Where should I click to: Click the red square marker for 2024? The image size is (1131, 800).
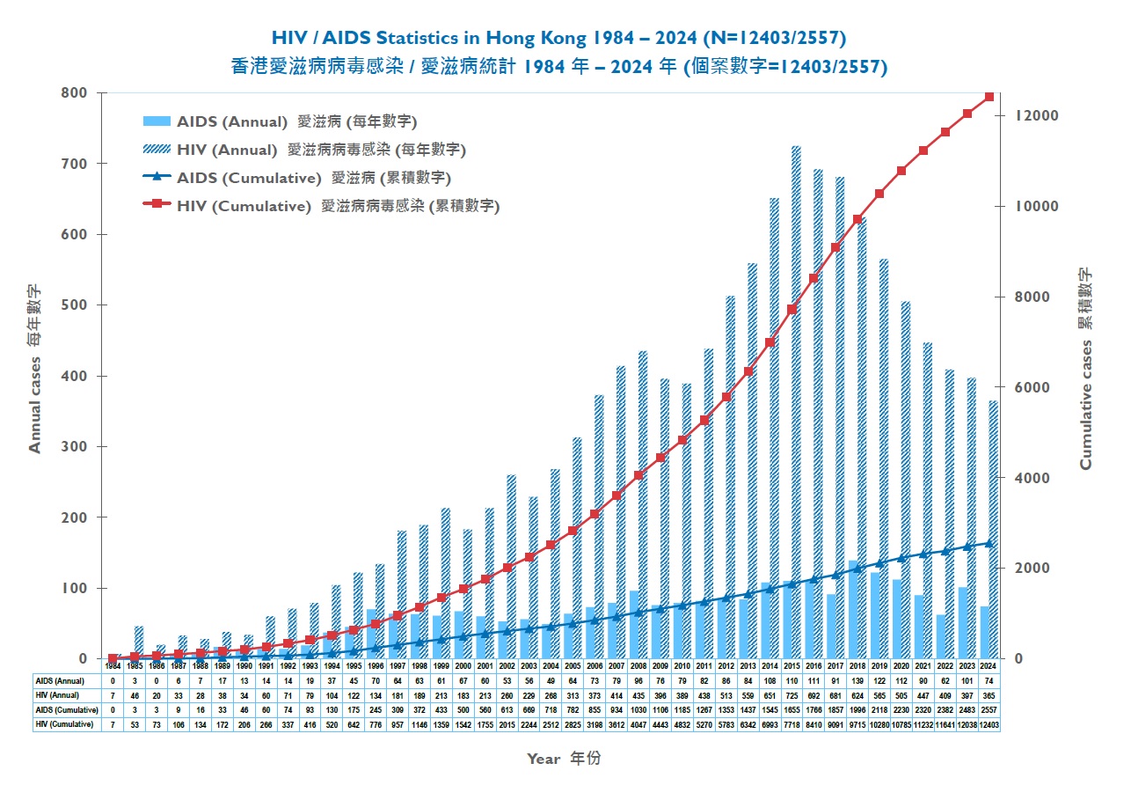(989, 96)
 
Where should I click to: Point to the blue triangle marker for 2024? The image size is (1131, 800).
(989, 543)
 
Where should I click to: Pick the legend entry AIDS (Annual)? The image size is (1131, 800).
(232, 121)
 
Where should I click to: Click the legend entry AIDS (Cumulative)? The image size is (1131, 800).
(249, 178)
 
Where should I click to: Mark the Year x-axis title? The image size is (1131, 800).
(564, 758)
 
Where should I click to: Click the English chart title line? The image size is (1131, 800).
(558, 38)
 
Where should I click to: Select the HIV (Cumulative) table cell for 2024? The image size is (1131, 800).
(989, 724)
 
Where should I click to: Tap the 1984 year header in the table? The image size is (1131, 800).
(113, 666)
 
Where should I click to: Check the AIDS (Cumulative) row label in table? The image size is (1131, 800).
(67, 709)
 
